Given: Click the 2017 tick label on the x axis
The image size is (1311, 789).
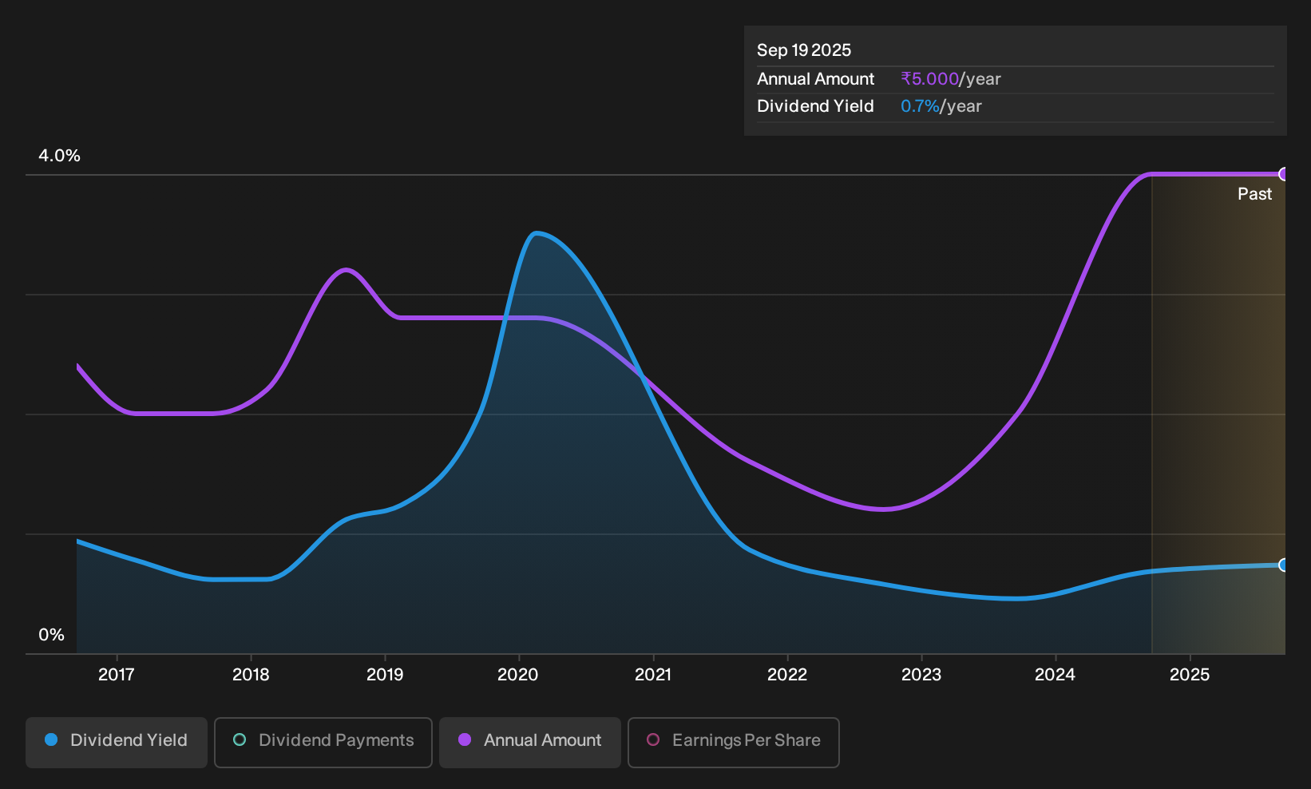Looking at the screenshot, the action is tap(117, 675).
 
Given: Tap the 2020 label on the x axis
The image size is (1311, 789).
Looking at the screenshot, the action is tap(518, 675).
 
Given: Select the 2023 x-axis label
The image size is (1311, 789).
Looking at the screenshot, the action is tap(921, 675).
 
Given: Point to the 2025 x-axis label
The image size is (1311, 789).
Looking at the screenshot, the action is tap(1190, 675).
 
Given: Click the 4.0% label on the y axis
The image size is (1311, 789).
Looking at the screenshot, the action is tap(59, 156).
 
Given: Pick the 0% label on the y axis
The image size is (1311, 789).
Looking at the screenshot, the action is tap(52, 635).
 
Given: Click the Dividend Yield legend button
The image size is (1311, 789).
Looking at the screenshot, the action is tap(117, 742).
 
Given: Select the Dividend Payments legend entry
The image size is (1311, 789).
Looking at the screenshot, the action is tap(323, 742).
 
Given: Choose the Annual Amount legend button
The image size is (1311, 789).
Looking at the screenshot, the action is tap(529, 742).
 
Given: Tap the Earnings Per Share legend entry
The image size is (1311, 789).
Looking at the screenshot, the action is tap(733, 742).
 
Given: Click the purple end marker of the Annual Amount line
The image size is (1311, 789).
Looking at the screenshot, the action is tap(1284, 174).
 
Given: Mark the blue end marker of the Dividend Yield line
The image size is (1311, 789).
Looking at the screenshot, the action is tap(1284, 565).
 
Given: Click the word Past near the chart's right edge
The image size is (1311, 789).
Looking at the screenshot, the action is tap(1254, 194).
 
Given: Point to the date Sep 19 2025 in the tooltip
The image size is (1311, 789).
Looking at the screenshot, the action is tap(803, 50).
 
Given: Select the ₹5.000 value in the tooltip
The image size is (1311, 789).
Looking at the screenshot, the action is tap(929, 78).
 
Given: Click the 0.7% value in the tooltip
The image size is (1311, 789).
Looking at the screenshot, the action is tap(920, 106).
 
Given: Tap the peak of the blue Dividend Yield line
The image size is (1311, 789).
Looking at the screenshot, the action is tap(536, 233).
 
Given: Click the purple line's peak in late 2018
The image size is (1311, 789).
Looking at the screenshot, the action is tap(347, 269).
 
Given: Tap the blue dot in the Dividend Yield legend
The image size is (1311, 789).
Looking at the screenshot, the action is tap(52, 739).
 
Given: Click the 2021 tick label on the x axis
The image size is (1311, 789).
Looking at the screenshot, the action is tap(652, 675).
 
